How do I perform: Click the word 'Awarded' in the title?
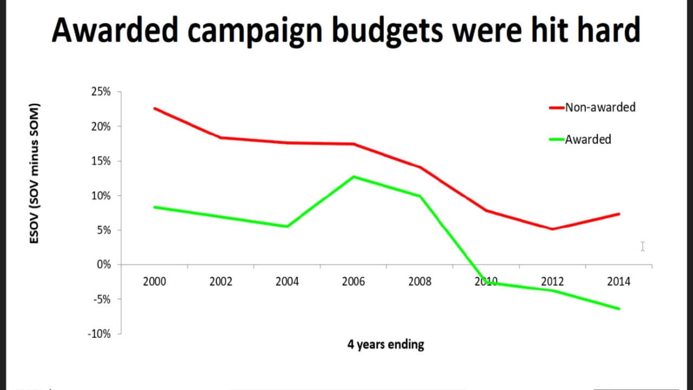[115, 30]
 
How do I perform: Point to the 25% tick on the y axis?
[101, 92]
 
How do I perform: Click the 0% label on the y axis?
[103, 265]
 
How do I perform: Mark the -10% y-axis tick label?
[99, 334]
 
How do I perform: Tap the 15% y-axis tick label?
[101, 161]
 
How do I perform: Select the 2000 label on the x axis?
[154, 282]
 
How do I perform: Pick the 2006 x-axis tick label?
[354, 282]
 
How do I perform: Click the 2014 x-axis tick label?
[619, 282]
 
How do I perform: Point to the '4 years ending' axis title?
[385, 344]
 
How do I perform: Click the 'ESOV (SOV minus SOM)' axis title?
[34, 172]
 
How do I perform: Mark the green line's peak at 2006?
[354, 177]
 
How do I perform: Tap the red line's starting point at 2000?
[154, 108]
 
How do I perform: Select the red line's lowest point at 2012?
[552, 229]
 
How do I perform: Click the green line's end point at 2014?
[619, 309]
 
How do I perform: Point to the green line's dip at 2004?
[287, 226]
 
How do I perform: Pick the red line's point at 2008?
[420, 167]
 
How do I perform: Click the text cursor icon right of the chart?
[642, 246]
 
